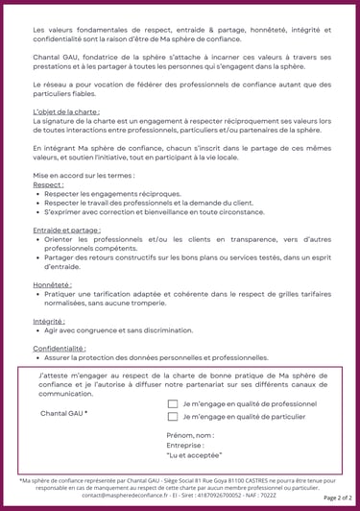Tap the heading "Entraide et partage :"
(66, 231)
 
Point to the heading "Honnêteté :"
(52, 285)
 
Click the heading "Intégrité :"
(49, 321)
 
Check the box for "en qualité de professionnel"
(173, 404)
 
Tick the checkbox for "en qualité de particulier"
(173, 417)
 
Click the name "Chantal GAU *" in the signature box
(64, 413)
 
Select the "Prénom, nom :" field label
(190, 435)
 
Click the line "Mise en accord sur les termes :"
(84, 176)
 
